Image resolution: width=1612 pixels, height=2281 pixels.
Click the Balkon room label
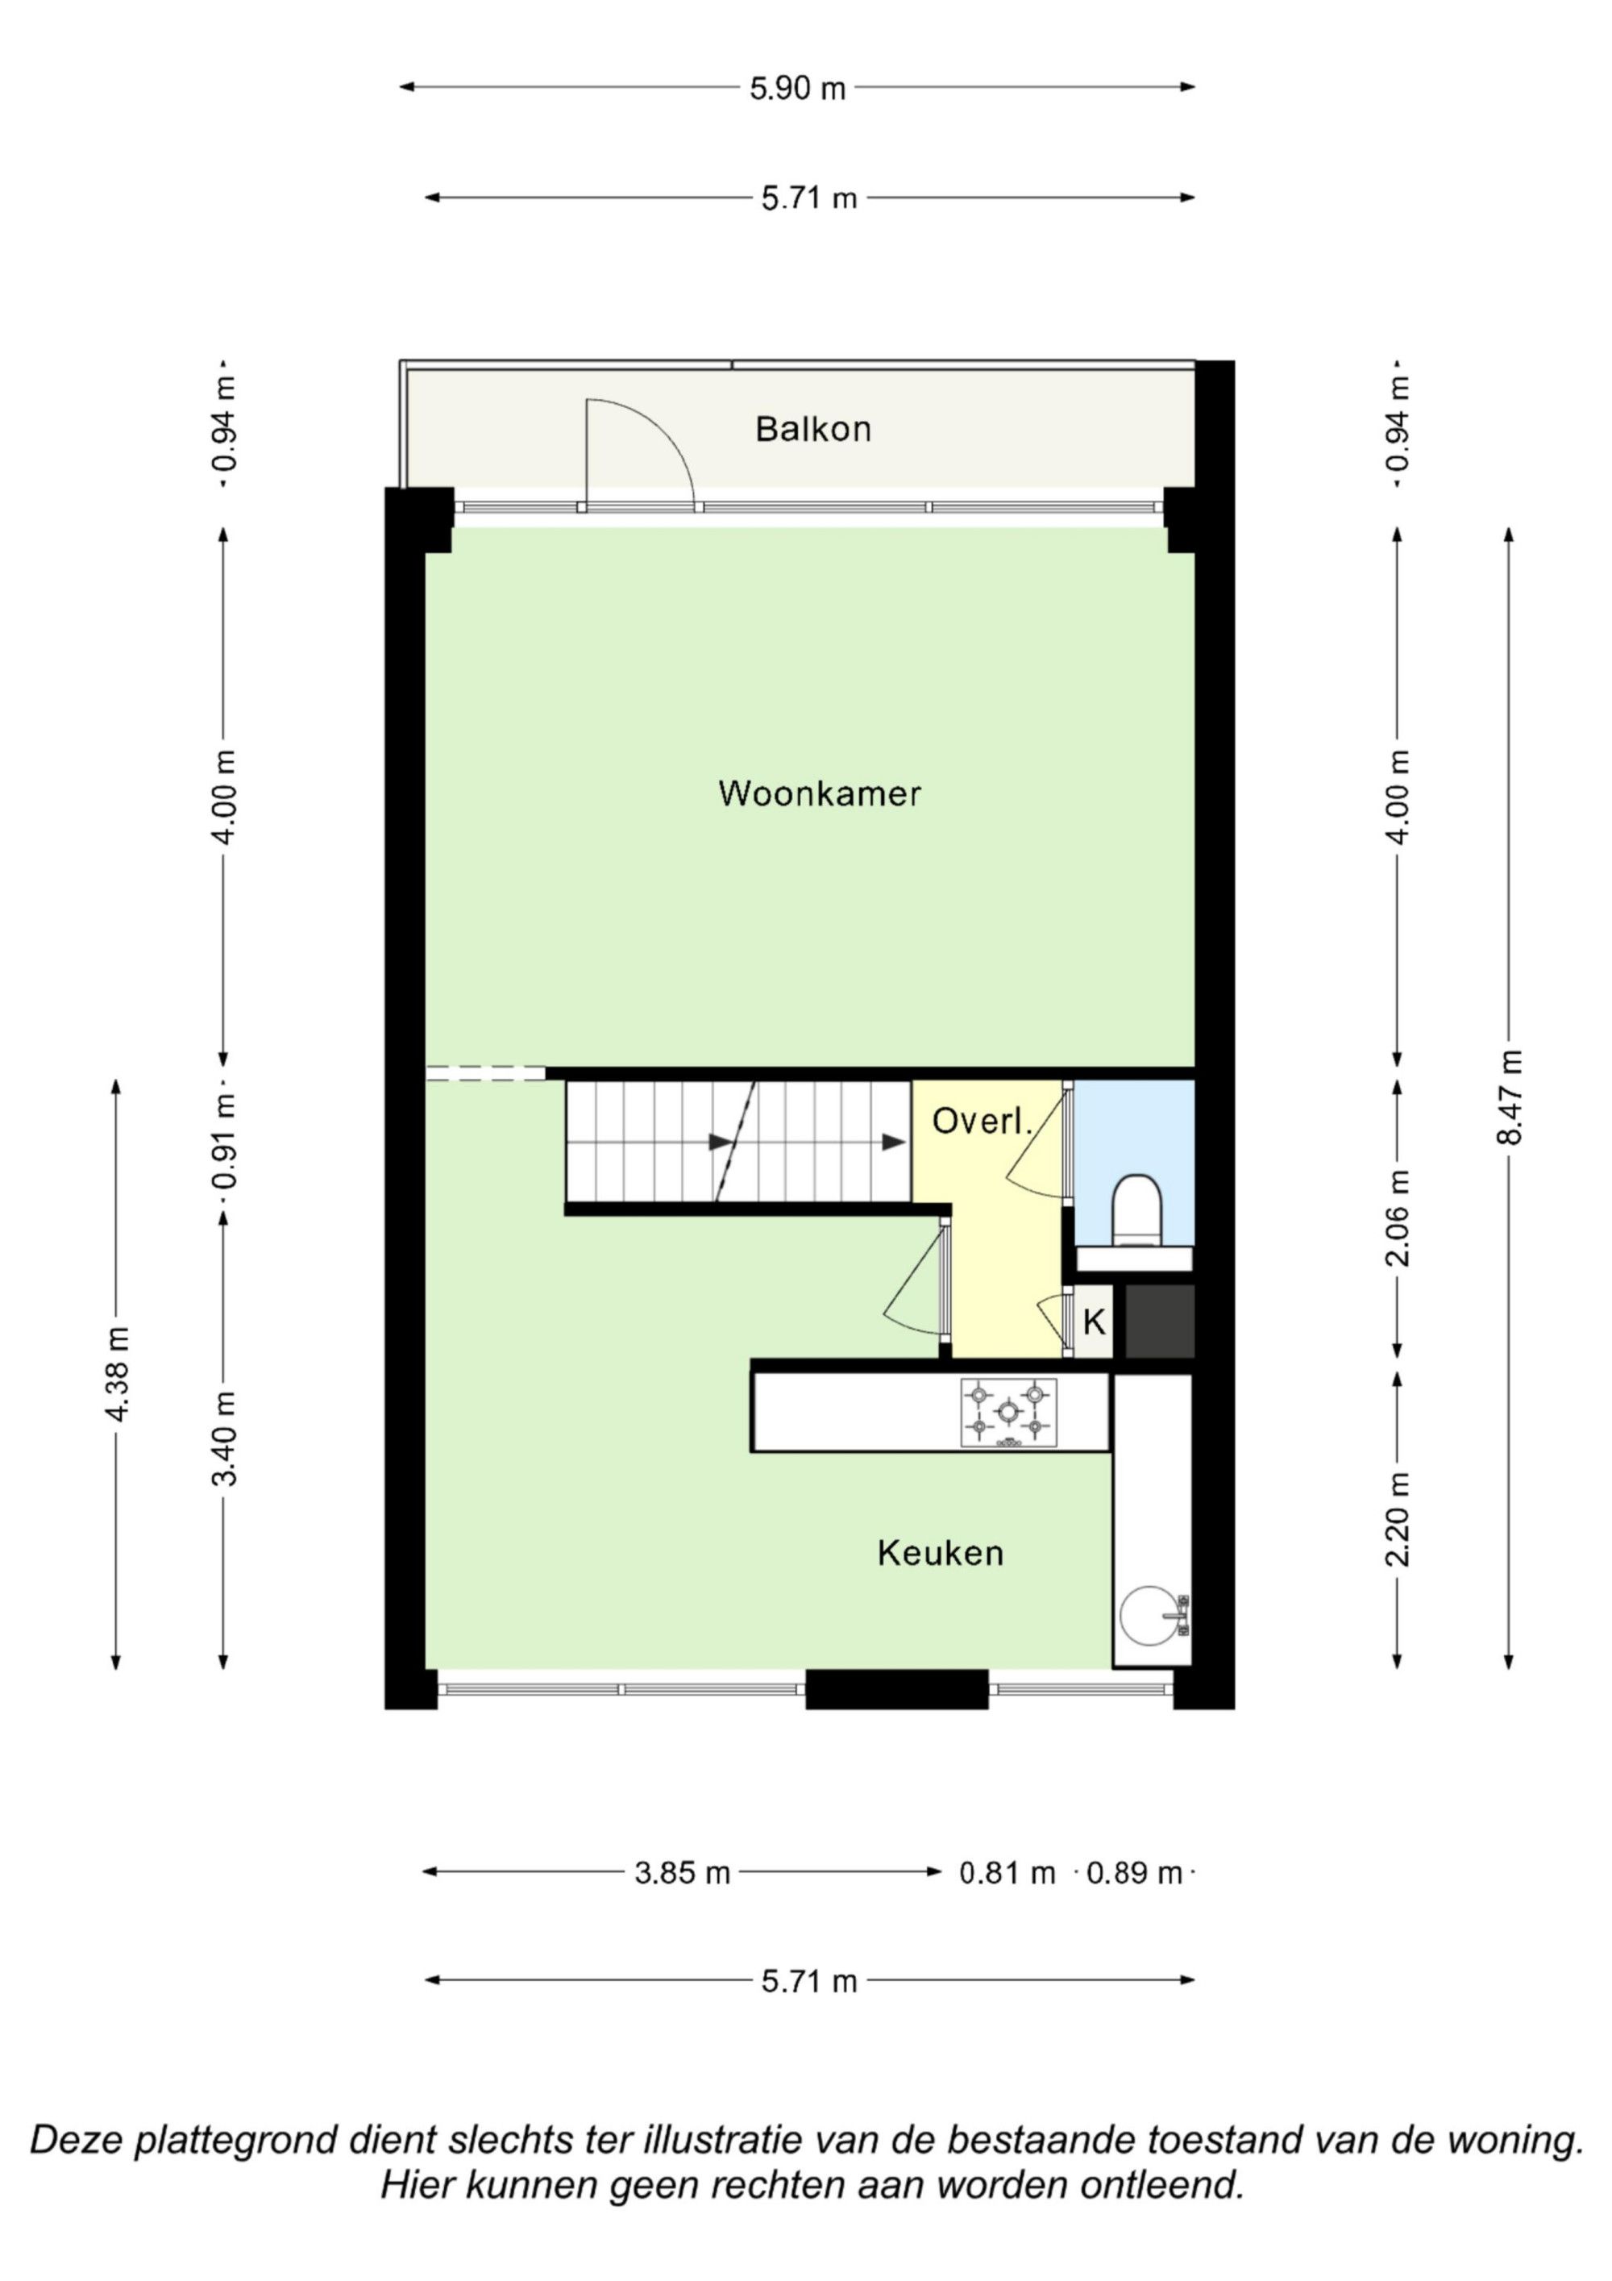click(812, 429)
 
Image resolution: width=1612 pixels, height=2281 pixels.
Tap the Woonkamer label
click(820, 793)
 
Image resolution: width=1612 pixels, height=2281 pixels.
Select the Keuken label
click(940, 1553)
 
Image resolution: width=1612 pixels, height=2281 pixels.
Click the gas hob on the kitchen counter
click(1008, 1412)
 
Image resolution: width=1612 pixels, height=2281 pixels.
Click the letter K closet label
click(1094, 1322)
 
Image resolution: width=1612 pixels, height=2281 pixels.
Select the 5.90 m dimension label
click(796, 89)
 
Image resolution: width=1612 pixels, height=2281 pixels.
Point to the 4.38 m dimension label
click(117, 1374)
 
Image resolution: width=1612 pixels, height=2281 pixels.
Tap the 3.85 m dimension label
click(683, 1874)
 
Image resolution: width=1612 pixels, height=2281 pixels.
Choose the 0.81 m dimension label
click(1006, 1874)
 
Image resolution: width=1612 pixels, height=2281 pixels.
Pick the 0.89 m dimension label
click(1134, 1874)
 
